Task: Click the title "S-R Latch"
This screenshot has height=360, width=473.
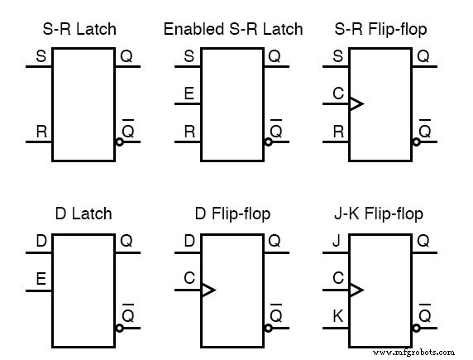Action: coord(79,29)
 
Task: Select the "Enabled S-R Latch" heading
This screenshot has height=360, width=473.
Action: coord(233,29)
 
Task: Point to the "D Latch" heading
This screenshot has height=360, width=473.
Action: coord(79,214)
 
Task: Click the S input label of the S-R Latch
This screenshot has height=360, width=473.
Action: coord(41,57)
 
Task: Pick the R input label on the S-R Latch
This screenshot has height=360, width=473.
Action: coord(41,131)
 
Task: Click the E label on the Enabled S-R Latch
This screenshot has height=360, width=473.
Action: coord(189,94)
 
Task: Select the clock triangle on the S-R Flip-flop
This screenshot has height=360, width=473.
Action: coord(356,104)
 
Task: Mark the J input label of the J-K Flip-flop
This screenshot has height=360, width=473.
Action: coord(336,242)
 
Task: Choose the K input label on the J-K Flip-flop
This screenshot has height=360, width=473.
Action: coord(337,315)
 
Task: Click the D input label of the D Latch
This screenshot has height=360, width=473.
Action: coord(41,242)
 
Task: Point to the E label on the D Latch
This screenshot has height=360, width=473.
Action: coord(41,279)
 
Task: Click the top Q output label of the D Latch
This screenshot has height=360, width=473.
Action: coord(127,242)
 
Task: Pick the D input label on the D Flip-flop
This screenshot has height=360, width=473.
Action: coord(189,242)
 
